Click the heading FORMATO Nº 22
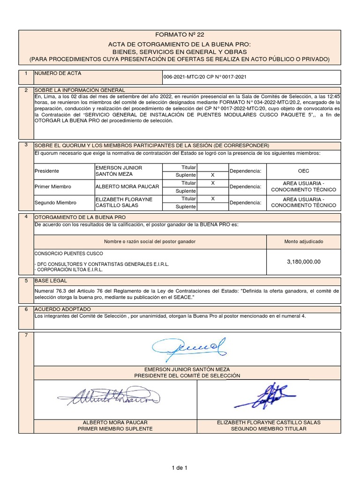pyautogui.click(x=180, y=35)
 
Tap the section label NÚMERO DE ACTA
pyautogui.click(x=55, y=74)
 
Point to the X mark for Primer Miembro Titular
pyautogui.click(x=213, y=183)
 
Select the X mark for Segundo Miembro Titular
pyautogui.click(x=213, y=198)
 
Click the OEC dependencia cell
pyautogui.click(x=303, y=171)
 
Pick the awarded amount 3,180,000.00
pyautogui.click(x=303, y=262)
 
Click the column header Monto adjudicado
pyautogui.click(x=303, y=241)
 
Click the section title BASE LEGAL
pyautogui.click(x=51, y=281)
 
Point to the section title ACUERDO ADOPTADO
pyautogui.click(x=63, y=309)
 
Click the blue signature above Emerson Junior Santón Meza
pyautogui.click(x=188, y=348)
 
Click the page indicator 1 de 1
pyautogui.click(x=180, y=467)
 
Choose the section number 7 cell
pyautogui.click(x=26, y=336)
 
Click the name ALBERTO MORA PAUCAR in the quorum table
pyautogui.click(x=127, y=187)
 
